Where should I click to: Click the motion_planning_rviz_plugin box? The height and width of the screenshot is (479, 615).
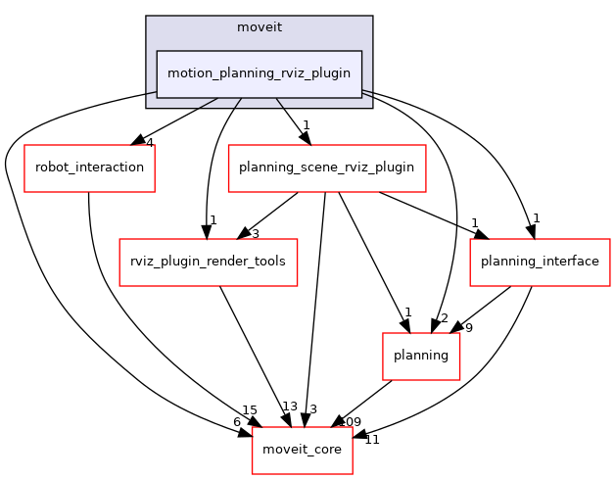(260, 73)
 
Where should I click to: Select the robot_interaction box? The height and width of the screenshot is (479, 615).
(89, 168)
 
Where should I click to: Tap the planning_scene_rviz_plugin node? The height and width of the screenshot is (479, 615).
(327, 168)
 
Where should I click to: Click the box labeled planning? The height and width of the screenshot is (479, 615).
(421, 356)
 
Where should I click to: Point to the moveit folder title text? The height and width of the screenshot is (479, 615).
(260, 26)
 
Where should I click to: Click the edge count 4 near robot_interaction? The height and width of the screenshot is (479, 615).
(149, 143)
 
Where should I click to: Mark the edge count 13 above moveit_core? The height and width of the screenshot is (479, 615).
(289, 407)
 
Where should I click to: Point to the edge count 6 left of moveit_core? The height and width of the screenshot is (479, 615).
(236, 421)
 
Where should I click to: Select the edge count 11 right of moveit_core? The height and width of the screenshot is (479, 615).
(371, 440)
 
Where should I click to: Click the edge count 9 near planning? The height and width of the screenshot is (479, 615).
(468, 328)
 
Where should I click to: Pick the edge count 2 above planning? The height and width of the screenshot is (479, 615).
(443, 318)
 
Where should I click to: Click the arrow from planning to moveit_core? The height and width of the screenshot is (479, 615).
(362, 403)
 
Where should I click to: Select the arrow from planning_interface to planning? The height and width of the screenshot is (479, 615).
(487, 306)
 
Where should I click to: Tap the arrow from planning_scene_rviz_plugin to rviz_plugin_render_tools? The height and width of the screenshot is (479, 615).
(270, 214)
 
